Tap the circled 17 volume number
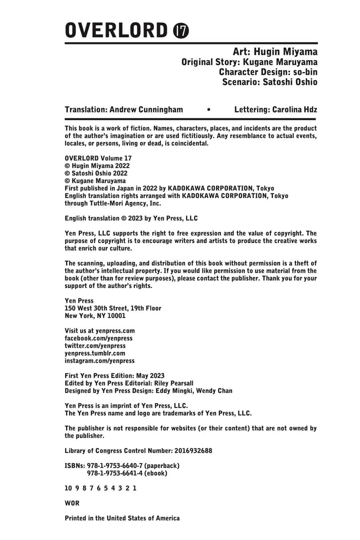point(181,31)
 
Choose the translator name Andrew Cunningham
point(146,110)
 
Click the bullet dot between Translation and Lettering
point(208,110)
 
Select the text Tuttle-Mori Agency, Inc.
point(128,203)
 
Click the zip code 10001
point(116,316)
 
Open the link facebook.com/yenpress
point(98,338)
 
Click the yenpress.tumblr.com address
point(95,353)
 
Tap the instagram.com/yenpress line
point(100,361)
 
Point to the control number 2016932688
point(193,451)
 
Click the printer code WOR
point(72,503)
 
